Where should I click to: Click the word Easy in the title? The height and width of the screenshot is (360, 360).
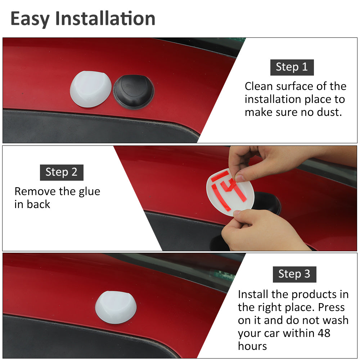[30, 19]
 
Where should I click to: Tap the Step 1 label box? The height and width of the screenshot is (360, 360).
[292, 67]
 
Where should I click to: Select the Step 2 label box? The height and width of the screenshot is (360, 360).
[62, 172]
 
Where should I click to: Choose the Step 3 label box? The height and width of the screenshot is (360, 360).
[294, 274]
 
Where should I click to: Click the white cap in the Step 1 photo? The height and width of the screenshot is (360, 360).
[90, 89]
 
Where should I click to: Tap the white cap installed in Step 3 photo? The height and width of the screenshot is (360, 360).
[116, 307]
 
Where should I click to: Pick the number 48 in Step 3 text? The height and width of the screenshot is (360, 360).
[324, 333]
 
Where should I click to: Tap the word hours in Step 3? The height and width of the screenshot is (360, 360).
[252, 346]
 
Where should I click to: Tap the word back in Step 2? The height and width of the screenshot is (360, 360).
[39, 204]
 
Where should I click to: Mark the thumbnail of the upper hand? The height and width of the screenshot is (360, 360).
[240, 178]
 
